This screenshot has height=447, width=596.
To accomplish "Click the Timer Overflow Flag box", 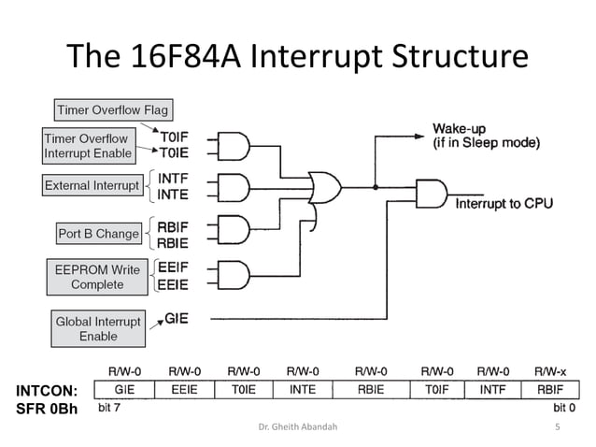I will [111, 109].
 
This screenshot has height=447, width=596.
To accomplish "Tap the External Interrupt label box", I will [92, 185].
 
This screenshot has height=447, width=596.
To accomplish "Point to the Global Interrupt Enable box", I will [98, 328].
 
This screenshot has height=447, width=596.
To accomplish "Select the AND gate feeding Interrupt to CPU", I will [431, 194].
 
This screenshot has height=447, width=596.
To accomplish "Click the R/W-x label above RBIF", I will [548, 371].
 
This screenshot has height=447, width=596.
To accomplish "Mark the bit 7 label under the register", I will [110, 408].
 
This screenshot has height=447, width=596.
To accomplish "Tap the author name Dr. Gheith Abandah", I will [298, 427].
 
